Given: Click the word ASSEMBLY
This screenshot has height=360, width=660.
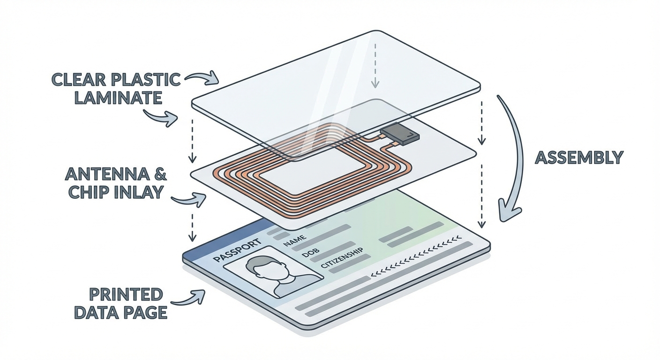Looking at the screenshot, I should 579,157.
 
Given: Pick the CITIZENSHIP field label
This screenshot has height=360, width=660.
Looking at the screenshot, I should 342,261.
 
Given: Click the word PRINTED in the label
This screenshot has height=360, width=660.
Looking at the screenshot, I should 126,295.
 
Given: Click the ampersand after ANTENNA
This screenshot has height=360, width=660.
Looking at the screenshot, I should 159,175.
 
